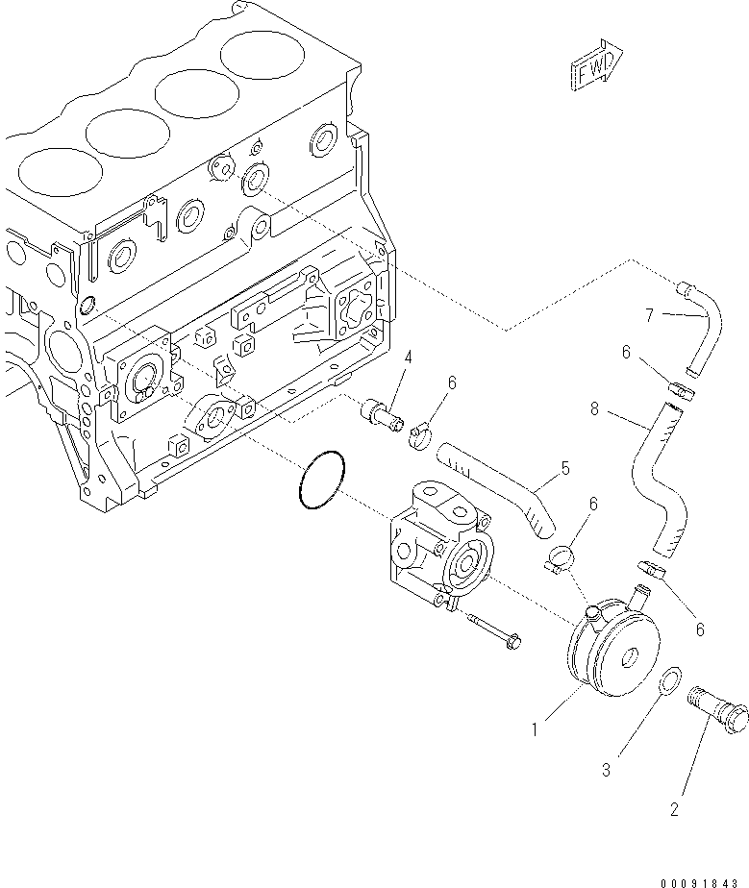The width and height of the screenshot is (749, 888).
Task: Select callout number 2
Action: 674,810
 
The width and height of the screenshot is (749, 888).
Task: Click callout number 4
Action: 409,358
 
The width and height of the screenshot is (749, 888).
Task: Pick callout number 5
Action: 565,469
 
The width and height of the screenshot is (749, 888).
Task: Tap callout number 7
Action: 650,313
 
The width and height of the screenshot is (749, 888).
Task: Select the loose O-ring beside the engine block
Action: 320,480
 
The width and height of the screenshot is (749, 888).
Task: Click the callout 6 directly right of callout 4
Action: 451,382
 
